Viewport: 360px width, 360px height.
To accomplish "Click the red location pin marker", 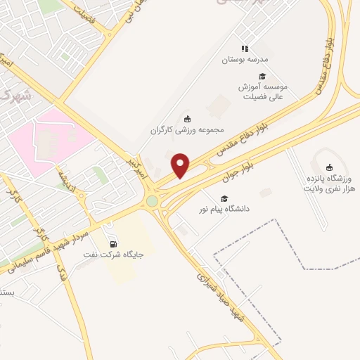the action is [x=181, y=165].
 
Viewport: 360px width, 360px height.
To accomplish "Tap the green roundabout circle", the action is [x=153, y=202].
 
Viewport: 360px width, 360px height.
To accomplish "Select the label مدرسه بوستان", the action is [x=246, y=61].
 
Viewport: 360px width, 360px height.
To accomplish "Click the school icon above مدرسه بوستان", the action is [x=245, y=49].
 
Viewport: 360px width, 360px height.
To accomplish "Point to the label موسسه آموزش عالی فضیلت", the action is [x=262, y=92].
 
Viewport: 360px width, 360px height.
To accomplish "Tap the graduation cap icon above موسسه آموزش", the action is [x=262, y=76].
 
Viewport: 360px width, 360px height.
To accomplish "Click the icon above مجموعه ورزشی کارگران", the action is [x=186, y=118].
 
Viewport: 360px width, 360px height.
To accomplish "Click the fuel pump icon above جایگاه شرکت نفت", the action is [x=113, y=243].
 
